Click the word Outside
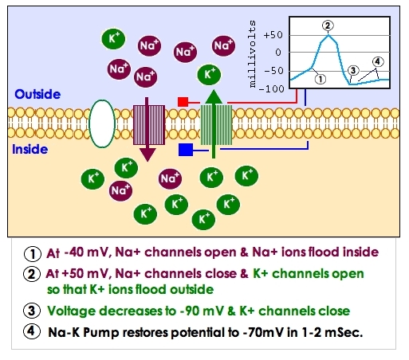pos(37,94)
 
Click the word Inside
pos(30,149)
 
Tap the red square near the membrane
pos(183,102)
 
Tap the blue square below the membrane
pos(186,150)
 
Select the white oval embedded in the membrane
pos(102,123)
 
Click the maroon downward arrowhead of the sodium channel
pos(147,155)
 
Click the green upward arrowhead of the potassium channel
pos(214,97)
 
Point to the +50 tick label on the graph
pos(273,35)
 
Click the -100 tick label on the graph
pos(271,88)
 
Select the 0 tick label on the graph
pos(278,53)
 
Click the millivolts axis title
pos(252,54)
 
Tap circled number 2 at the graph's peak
pos(328,25)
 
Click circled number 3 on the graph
pos(353,71)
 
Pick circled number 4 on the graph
pos(378,62)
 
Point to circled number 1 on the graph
pos(321,79)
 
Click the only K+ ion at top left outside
pos(113,39)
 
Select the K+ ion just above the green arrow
pos(209,75)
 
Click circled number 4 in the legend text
pos(32,331)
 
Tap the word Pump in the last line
pos(100,332)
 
